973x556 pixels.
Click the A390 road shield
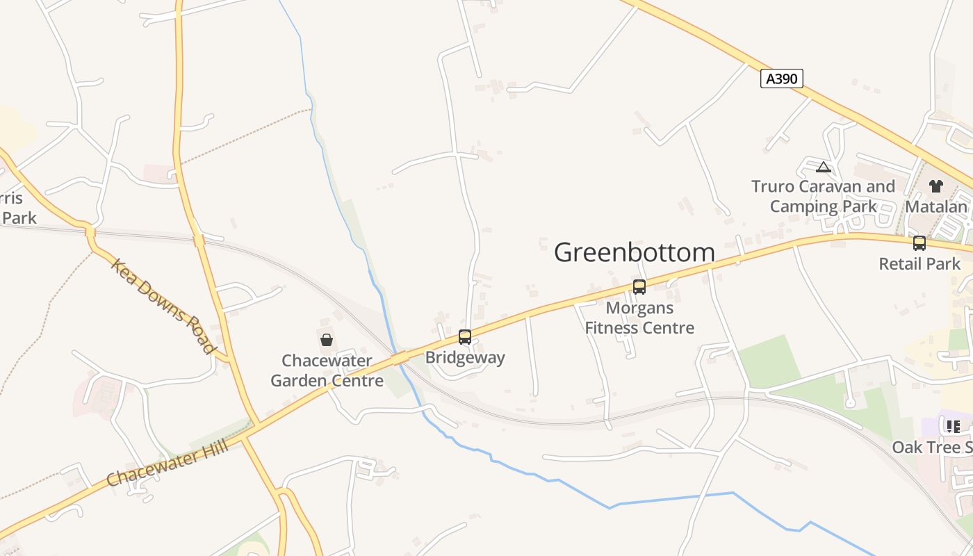coord(781,79)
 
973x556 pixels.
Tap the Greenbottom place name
coord(634,252)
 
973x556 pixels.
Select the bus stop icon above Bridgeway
coord(465,337)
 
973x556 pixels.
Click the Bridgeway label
coord(465,358)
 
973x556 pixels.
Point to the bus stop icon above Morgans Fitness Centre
coord(639,286)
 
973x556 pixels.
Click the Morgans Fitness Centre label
coord(639,318)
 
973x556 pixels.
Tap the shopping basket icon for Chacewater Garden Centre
coord(327,340)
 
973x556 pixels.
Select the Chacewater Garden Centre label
coord(327,371)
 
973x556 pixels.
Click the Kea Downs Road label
coord(163,306)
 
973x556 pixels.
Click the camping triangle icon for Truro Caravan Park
coord(824,167)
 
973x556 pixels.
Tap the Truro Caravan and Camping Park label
coord(824,197)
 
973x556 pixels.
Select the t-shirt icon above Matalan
coord(936,186)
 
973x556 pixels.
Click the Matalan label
coord(936,207)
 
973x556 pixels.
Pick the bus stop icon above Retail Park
coord(919,243)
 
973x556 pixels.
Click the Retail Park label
coord(919,264)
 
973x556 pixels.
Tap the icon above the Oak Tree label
coord(953,426)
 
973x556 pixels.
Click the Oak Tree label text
coord(932,447)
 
